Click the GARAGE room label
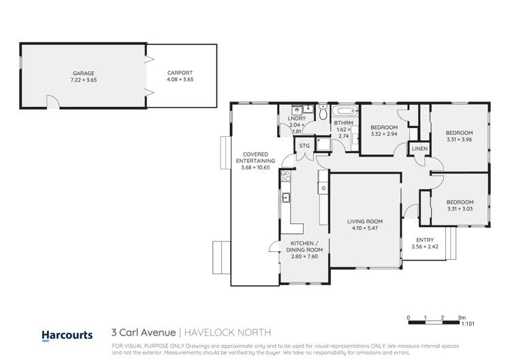click(x=84, y=73)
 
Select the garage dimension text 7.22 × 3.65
click(x=84, y=80)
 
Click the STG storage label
click(x=304, y=145)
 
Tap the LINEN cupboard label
click(x=419, y=149)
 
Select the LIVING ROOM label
click(x=365, y=221)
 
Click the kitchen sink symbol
click(x=287, y=198)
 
